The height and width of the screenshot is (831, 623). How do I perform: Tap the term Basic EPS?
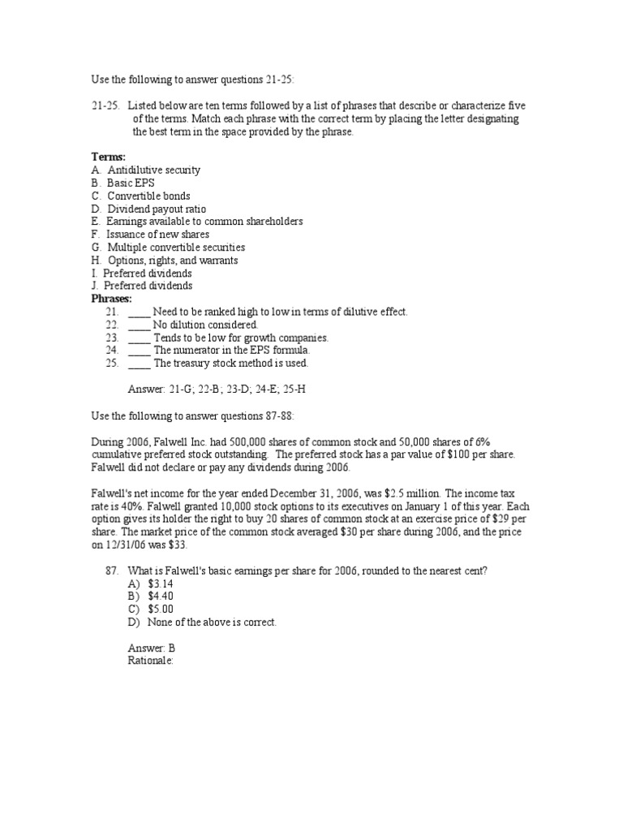pos(130,183)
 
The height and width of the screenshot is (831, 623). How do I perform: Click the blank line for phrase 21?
pos(140,312)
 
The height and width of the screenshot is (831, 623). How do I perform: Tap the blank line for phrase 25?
pos(140,364)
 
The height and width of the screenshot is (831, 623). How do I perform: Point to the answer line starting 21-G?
pos(217,389)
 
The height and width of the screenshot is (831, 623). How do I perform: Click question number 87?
pos(113,571)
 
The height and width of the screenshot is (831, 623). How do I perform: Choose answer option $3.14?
pos(161,583)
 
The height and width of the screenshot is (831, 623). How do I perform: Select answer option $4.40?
pos(161,596)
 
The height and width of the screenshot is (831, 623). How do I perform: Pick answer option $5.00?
pos(161,609)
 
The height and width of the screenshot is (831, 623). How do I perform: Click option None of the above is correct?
pos(212,622)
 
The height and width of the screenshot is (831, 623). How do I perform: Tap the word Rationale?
pos(151,661)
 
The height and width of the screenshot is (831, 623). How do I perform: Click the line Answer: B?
pos(152,648)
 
